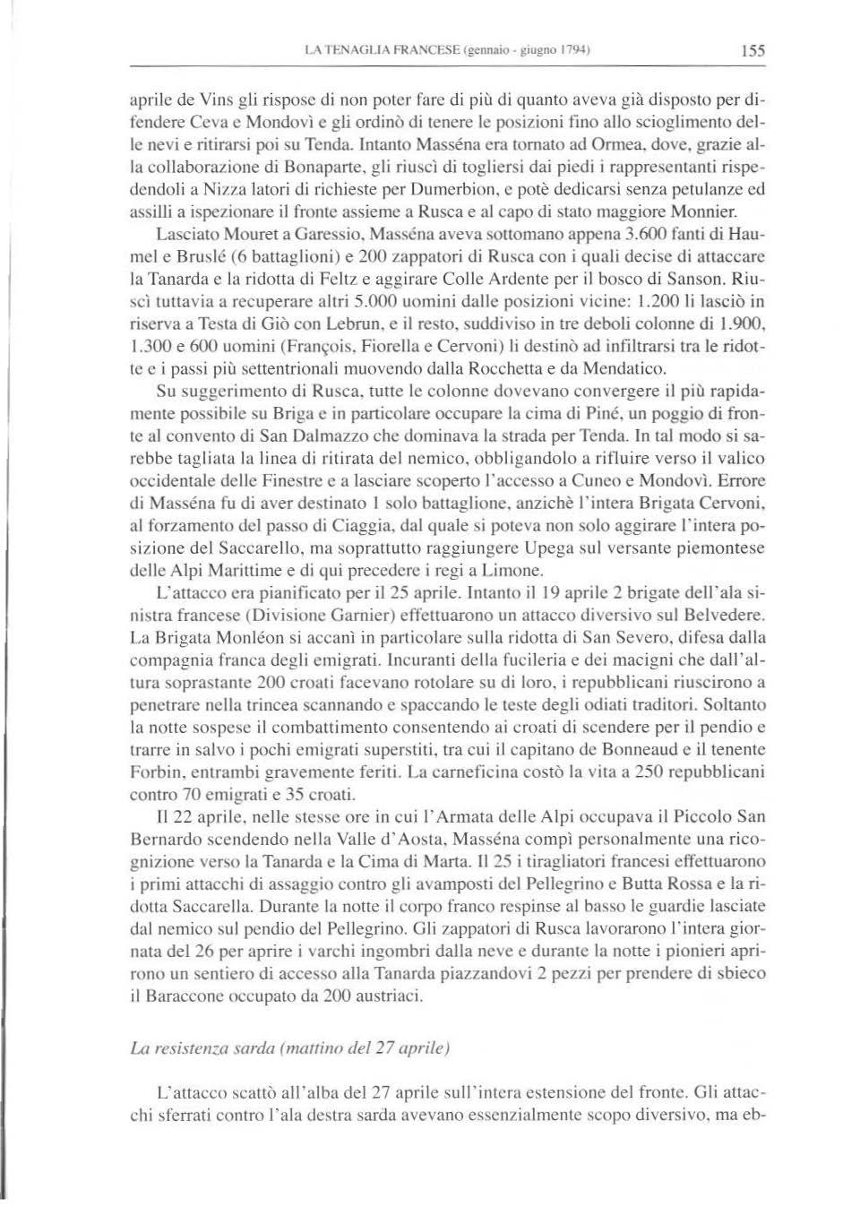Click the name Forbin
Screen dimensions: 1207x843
click(154, 771)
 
